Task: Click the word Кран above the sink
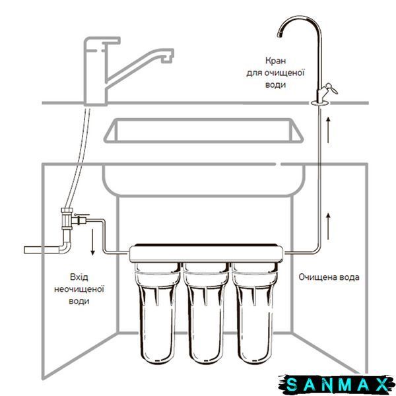tap(275, 61)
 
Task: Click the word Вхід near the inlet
tap(79, 277)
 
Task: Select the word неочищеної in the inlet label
tap(79, 289)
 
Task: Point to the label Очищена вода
tap(329, 277)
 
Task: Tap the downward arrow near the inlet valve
tap(92, 242)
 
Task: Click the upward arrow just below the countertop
tap(328, 130)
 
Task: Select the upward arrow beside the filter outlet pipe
tap(328, 226)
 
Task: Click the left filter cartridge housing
tap(157, 312)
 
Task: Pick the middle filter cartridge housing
tap(206, 312)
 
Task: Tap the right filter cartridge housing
tap(254, 312)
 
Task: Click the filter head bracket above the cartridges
tap(207, 253)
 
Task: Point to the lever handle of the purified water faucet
tap(331, 88)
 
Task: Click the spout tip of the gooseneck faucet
tap(279, 34)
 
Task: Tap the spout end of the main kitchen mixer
tap(167, 59)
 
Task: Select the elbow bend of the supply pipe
tap(65, 247)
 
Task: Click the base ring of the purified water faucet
tap(320, 102)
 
